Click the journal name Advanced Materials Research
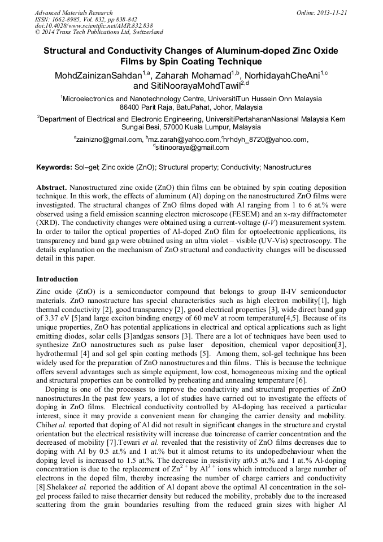tap(73, 12)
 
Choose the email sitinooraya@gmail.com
tap(193, 148)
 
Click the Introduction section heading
tap(57, 279)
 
